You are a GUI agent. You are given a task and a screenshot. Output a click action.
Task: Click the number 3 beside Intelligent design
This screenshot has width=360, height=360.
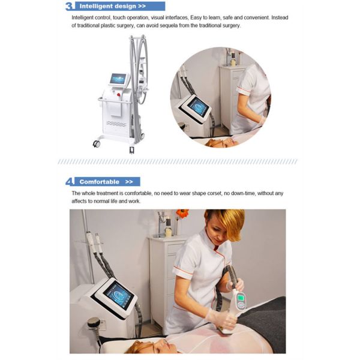70,6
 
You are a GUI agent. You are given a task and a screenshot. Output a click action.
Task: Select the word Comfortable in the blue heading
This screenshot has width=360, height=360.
100,182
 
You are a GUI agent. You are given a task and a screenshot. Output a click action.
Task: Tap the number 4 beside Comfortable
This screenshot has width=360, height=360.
70,182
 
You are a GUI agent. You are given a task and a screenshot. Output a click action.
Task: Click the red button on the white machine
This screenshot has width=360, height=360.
119,95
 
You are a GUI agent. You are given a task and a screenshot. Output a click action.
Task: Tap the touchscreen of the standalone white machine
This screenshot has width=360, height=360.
118,79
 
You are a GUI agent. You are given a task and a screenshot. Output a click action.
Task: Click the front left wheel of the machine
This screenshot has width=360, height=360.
97,144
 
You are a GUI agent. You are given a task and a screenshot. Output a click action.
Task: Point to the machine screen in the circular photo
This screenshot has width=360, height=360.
199,107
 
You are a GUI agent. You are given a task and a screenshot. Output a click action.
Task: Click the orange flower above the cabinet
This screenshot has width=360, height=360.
182,214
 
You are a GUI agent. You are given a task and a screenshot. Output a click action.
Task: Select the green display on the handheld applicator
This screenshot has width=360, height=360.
241,298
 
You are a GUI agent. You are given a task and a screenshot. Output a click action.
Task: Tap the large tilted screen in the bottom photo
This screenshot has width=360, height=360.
118,295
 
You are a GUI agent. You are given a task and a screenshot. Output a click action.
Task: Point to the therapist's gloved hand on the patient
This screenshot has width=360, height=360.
220,318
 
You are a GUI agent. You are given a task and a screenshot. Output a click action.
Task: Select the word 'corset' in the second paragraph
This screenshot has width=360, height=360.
215,193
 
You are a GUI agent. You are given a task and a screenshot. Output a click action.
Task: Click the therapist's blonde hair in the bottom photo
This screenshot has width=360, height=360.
227,223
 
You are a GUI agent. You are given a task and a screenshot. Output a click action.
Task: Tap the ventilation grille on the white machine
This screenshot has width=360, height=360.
116,124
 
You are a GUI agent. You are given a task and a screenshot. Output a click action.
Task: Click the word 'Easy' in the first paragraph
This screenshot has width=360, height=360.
196,17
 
